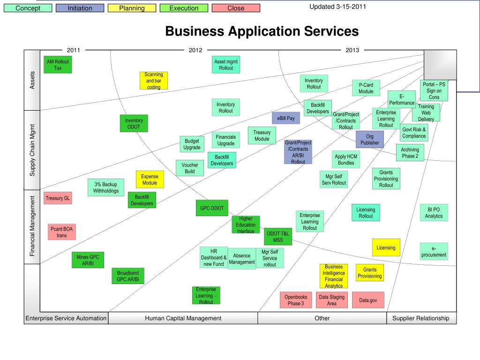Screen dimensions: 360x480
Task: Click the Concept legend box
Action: pos(27,8)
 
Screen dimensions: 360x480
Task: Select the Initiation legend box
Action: pos(80,8)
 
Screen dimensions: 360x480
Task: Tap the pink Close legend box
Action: pos(236,8)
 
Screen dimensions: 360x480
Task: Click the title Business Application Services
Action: pos(262,31)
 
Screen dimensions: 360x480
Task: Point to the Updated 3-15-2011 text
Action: pos(338,7)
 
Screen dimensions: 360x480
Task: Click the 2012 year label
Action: pos(195,50)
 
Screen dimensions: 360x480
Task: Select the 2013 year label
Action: pos(352,50)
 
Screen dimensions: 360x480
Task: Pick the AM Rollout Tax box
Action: pos(58,65)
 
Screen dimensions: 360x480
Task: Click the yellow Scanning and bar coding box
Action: pos(154,81)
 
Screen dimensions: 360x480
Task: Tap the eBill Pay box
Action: pos(286,118)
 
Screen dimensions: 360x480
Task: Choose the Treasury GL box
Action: pos(58,198)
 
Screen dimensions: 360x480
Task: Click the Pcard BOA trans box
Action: pos(62,232)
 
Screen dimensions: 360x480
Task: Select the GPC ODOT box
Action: pos(212,208)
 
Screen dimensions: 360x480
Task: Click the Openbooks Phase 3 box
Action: pos(296,300)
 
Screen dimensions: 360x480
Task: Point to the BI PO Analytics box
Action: pos(434,213)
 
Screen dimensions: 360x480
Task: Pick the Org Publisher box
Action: pos(370,140)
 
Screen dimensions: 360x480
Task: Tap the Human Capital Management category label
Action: pos(183,318)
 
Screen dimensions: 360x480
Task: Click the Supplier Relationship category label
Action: pos(420,318)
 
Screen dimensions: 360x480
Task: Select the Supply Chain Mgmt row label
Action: pos(32,150)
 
